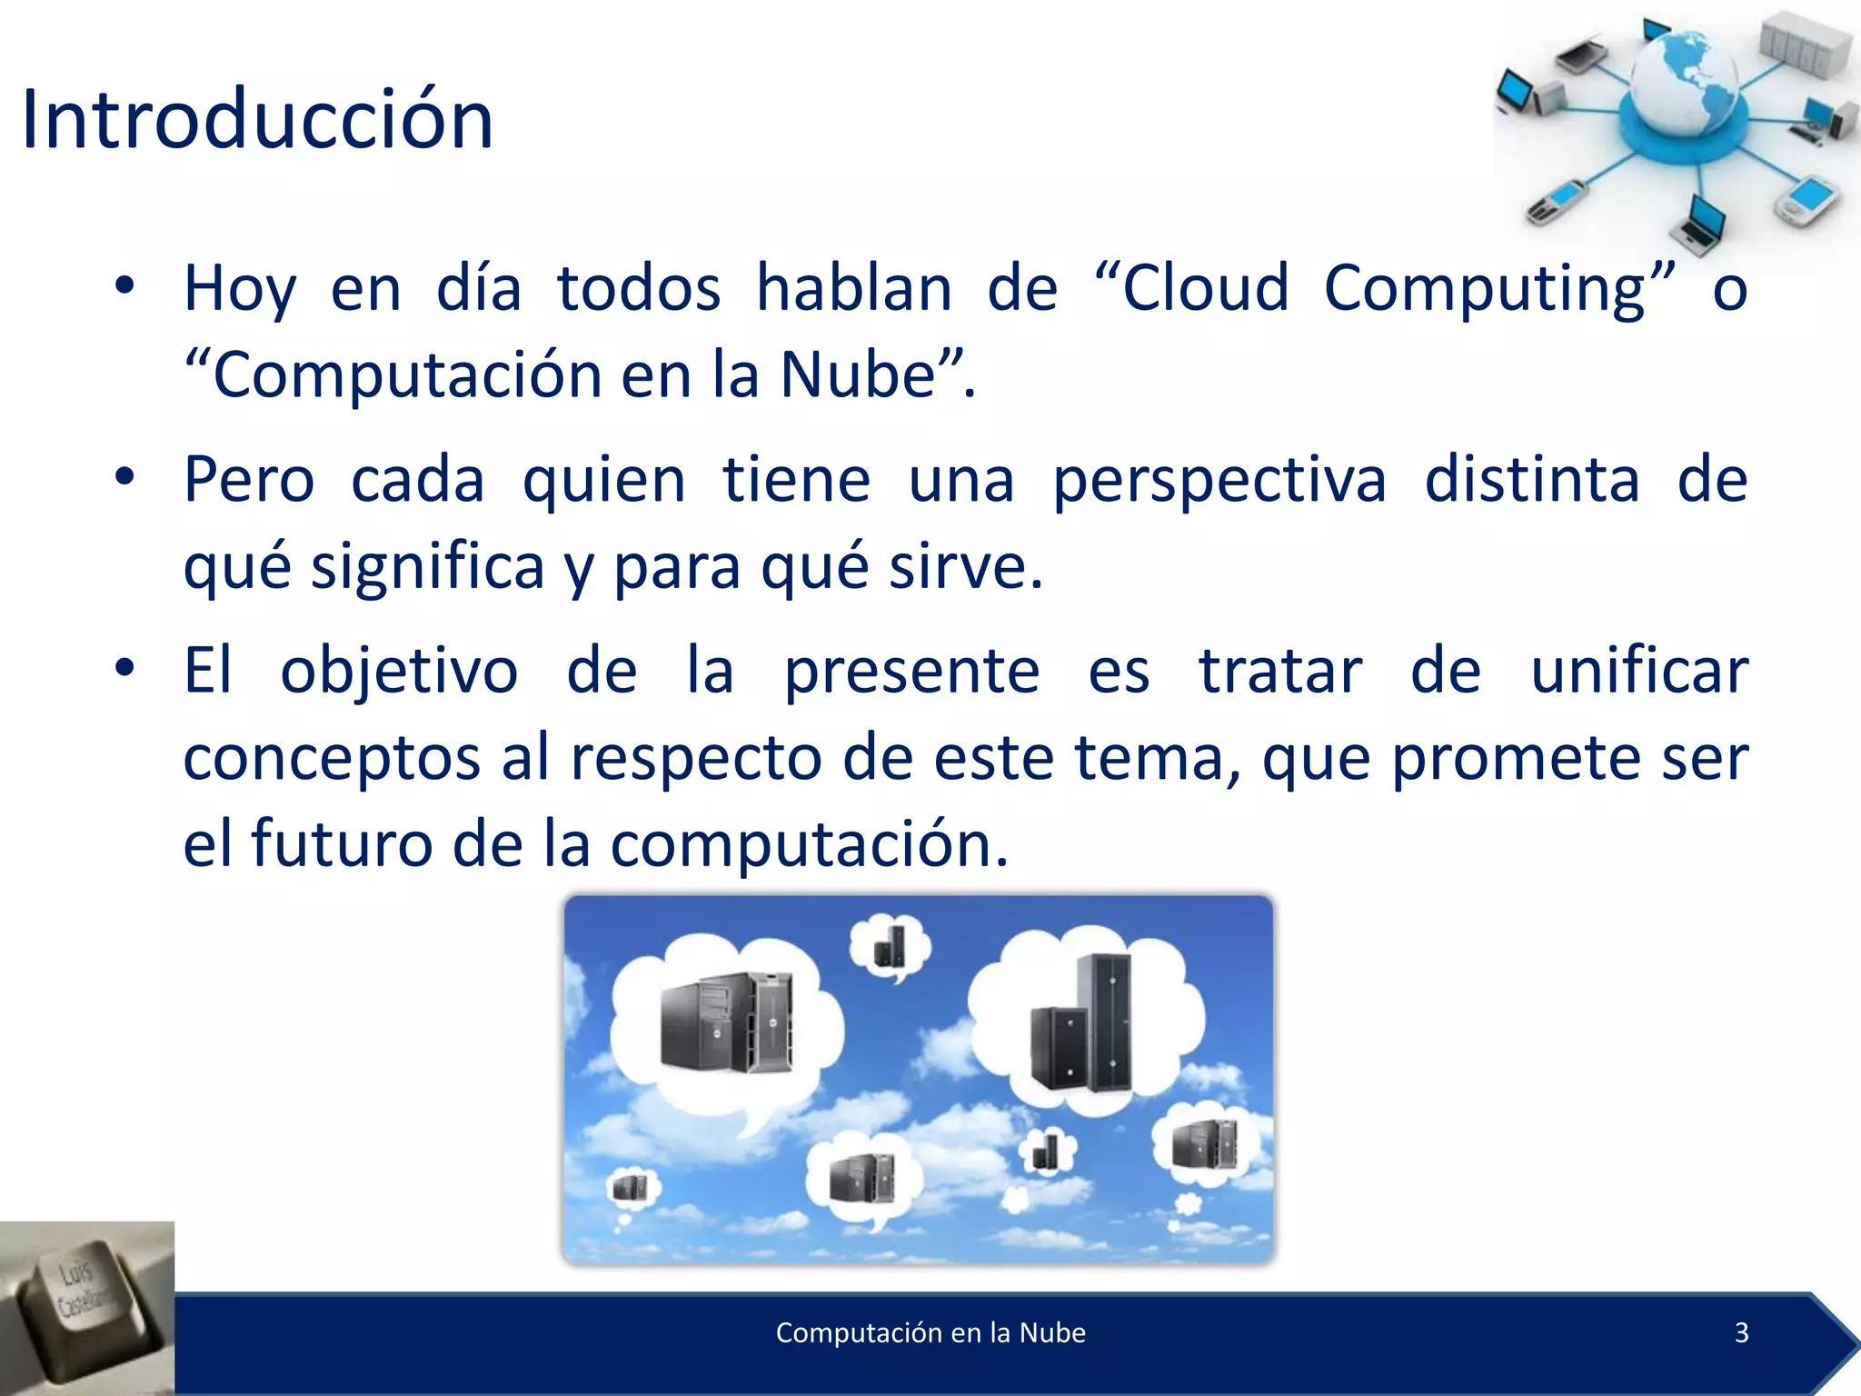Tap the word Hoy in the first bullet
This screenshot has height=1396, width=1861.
(x=240, y=289)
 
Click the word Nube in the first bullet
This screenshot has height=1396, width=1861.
(x=858, y=374)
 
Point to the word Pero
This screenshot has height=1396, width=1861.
(x=249, y=480)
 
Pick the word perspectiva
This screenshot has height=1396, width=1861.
(x=1219, y=482)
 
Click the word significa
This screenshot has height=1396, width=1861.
(x=427, y=567)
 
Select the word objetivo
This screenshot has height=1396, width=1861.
(x=399, y=673)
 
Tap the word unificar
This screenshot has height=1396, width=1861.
(x=1639, y=671)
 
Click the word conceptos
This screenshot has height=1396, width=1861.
(x=331, y=758)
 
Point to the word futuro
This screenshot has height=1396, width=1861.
(x=341, y=843)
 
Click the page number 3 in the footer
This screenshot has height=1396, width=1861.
(x=1741, y=1332)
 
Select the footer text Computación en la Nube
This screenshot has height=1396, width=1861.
(x=930, y=1332)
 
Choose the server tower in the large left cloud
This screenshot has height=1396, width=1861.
(x=725, y=1022)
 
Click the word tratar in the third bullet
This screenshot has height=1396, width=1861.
(x=1280, y=671)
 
